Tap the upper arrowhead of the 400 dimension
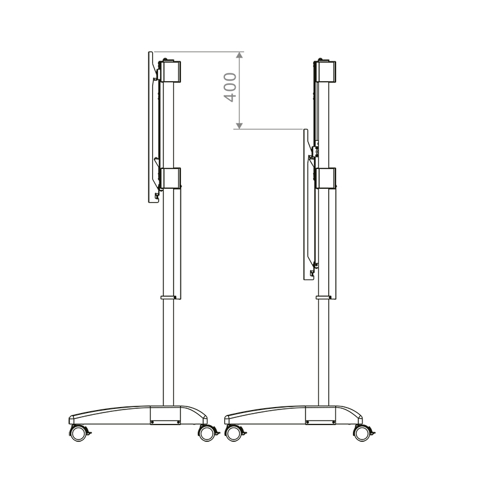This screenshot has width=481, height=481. (x=240, y=55)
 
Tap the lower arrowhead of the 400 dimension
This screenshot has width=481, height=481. (x=240, y=125)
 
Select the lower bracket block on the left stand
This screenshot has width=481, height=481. (x=171, y=179)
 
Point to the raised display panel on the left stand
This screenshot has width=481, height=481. (x=151, y=127)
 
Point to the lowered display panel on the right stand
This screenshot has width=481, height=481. (x=305, y=204)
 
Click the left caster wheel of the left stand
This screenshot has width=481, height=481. (x=78, y=432)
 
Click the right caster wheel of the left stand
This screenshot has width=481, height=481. (x=206, y=433)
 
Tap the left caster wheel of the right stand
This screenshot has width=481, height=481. (x=233, y=432)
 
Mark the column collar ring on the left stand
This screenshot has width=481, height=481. (x=168, y=296)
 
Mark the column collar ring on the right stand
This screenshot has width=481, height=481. (x=324, y=296)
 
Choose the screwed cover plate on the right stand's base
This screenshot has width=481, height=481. (x=319, y=415)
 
